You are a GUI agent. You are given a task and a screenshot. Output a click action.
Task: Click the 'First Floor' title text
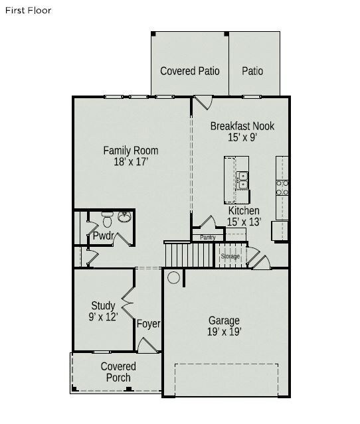click(28, 11)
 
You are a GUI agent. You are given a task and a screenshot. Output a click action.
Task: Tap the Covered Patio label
click(190, 71)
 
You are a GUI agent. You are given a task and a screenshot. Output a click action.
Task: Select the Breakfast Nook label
click(242, 126)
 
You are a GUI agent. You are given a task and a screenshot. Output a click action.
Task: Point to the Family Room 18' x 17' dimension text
click(130, 161)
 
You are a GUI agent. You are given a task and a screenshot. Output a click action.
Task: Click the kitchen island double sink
click(242, 180)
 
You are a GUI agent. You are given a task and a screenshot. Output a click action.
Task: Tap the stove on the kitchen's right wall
click(282, 187)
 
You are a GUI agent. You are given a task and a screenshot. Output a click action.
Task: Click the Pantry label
click(207, 237)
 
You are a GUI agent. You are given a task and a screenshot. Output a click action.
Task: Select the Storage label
click(230, 256)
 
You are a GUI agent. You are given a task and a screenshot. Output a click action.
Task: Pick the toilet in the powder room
click(107, 219)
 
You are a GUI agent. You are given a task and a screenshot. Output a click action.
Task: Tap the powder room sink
click(124, 216)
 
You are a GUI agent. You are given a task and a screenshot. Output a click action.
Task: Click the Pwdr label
click(103, 236)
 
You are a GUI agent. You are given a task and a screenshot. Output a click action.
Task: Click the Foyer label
click(148, 324)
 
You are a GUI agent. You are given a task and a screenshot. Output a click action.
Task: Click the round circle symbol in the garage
click(173, 277)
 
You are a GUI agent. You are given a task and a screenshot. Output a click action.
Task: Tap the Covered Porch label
click(118, 372)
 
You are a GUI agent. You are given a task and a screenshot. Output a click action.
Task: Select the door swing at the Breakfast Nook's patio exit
click(203, 104)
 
